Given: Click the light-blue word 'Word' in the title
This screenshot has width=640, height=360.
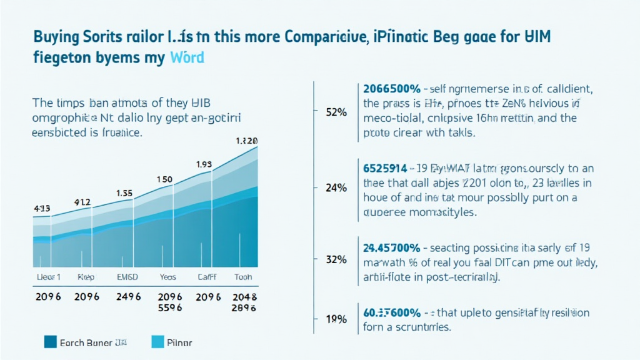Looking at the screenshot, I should (187, 59).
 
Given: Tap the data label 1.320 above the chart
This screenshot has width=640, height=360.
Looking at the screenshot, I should (246, 141).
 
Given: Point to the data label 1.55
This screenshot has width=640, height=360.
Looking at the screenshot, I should (125, 194).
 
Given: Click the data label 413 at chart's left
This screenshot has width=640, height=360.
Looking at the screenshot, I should (42, 208).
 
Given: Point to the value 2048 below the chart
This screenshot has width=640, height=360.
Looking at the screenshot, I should (244, 297).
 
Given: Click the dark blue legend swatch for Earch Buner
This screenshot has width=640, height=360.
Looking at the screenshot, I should (51, 342).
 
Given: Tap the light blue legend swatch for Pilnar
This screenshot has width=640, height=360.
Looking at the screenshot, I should (158, 342).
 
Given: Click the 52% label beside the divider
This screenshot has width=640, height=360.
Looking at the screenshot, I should (336, 112).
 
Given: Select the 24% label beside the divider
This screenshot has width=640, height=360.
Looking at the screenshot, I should (336, 187).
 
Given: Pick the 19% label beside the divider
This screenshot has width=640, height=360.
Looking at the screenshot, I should (336, 319).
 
